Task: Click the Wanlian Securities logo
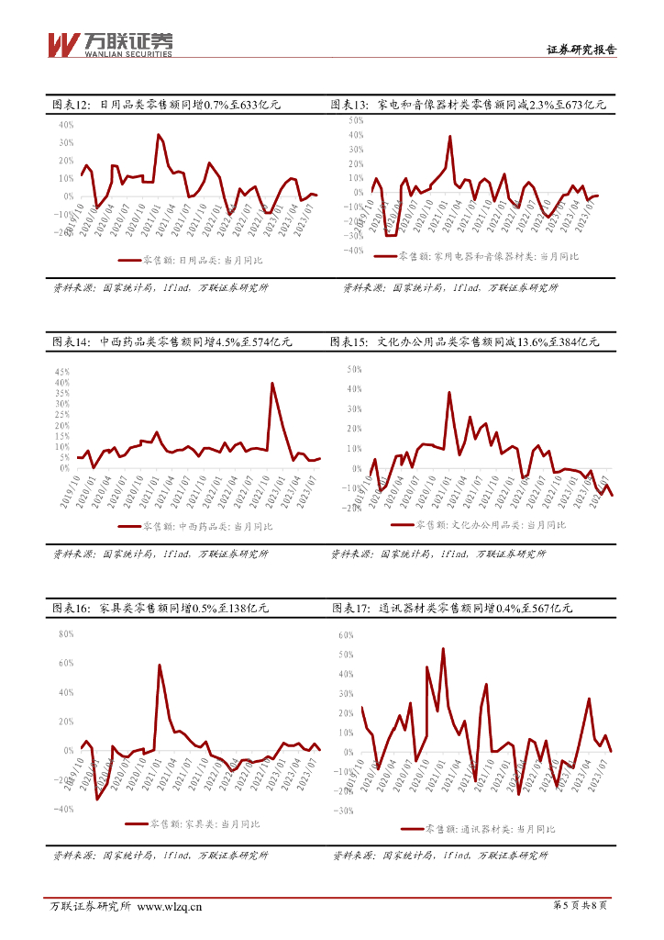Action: point(109,43)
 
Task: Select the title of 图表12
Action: point(166,106)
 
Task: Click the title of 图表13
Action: point(468,106)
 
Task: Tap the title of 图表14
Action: point(172,342)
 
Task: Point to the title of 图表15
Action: point(464,342)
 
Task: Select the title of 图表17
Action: point(451,609)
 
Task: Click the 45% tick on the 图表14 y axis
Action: point(63,371)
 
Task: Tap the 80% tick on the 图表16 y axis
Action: point(65,633)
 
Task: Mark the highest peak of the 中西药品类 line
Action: point(271,383)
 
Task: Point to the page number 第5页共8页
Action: point(581,906)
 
